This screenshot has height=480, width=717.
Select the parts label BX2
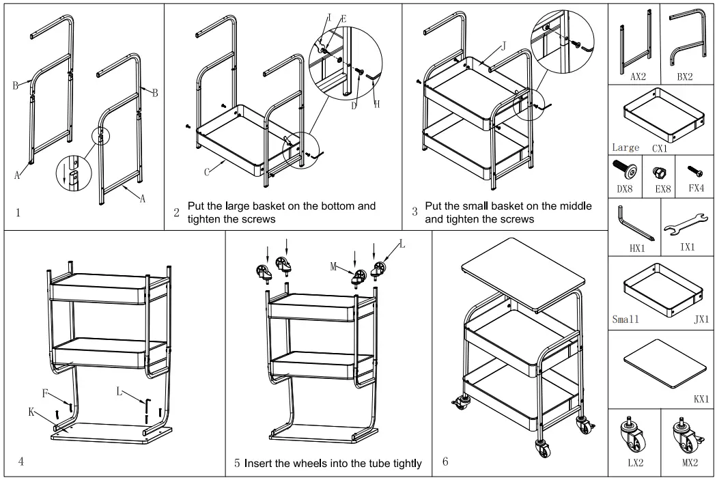click(x=684, y=77)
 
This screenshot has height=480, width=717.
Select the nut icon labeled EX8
click(x=660, y=171)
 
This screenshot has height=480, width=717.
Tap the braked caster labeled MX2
click(x=686, y=434)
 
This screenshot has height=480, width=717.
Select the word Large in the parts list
click(x=625, y=147)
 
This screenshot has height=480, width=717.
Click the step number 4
click(x=21, y=462)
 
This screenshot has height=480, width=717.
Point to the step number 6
click(x=445, y=462)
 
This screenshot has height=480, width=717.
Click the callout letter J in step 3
click(x=503, y=46)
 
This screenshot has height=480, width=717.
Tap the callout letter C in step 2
click(x=206, y=171)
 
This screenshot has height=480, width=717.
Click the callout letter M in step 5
click(x=334, y=268)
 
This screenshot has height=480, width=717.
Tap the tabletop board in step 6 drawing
click(x=524, y=272)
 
